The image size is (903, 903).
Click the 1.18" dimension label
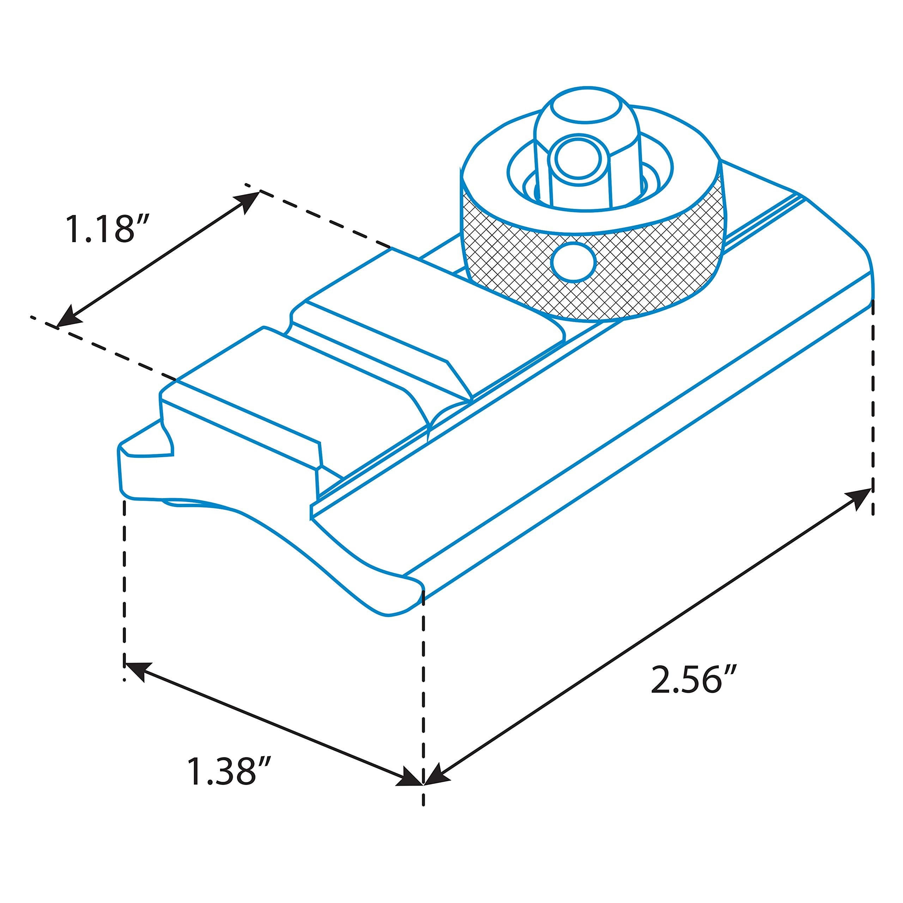point(107,229)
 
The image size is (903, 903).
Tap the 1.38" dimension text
point(229,771)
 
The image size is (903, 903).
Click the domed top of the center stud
point(587,105)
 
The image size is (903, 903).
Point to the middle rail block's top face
point(374,337)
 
